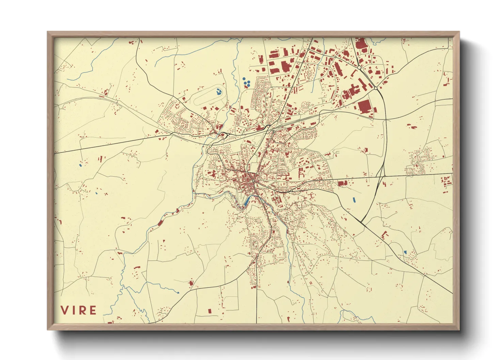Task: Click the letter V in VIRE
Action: click(65, 310)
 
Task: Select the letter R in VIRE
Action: click(82, 310)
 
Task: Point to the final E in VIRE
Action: click(93, 310)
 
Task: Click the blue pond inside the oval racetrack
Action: click(218, 91)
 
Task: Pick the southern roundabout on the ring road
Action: click(376, 88)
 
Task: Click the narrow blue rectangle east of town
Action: click(354, 200)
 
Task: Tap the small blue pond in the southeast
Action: click(405, 252)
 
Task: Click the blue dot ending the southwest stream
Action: click(178, 292)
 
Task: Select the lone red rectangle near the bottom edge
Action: click(209, 311)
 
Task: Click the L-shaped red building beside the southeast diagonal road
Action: click(384, 234)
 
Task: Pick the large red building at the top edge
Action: click(360, 44)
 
